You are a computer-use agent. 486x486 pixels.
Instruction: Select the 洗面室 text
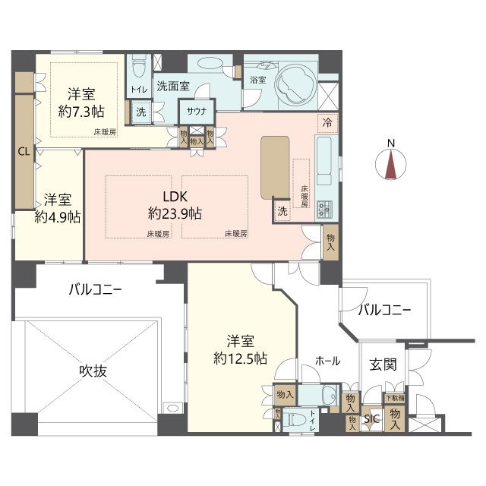pos(172,87)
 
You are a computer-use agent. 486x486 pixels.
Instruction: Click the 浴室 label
pos(257,80)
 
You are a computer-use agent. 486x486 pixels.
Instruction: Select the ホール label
pos(327,361)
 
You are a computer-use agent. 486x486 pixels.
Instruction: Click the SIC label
pos(371,418)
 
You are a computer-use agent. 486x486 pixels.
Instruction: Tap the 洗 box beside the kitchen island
pos(282,210)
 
